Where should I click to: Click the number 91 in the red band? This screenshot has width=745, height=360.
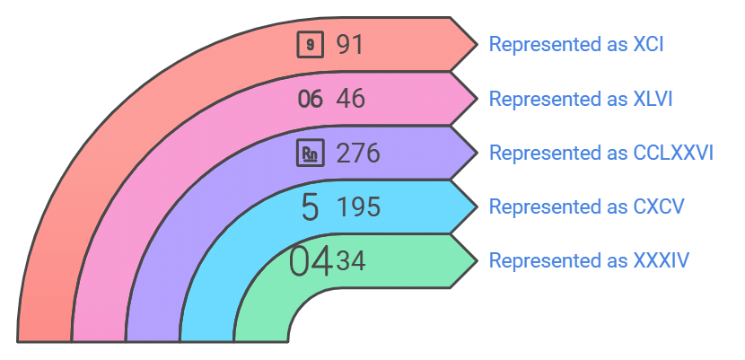(350, 45)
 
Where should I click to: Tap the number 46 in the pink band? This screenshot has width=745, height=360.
(351, 99)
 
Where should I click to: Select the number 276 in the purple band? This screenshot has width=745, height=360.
(358, 154)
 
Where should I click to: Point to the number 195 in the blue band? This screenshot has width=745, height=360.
(358, 207)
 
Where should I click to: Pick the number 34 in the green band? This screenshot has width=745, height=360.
(351, 261)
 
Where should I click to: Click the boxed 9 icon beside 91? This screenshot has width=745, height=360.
(311, 45)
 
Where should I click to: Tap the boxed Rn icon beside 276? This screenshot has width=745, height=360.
(311, 154)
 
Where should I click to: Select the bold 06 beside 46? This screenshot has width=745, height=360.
(311, 100)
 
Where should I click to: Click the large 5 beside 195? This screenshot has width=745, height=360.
(311, 207)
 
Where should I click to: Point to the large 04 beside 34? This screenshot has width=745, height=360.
(311, 261)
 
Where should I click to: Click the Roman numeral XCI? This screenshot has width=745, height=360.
(649, 44)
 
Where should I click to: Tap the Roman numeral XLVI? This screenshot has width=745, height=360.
(653, 99)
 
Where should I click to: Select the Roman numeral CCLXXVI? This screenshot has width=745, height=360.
(673, 153)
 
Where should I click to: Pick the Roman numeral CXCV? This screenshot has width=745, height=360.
(659, 206)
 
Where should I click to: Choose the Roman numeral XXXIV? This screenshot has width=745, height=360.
(661, 260)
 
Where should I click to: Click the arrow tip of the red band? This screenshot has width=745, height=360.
(477, 45)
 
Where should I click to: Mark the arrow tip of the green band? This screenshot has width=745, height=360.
(477, 260)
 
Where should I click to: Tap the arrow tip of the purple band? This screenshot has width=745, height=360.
(477, 153)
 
